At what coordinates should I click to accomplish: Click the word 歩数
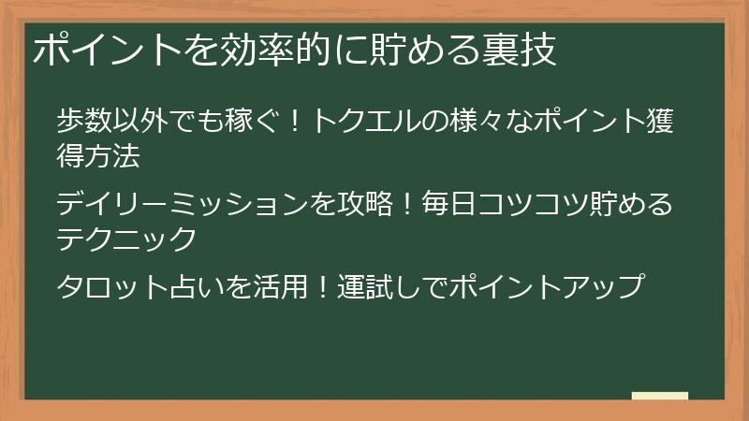(84, 121)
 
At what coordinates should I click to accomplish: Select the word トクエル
(364, 121)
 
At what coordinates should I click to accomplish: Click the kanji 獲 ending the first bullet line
(660, 121)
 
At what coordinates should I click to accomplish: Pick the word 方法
(112, 155)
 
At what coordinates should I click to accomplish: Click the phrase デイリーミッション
(182, 203)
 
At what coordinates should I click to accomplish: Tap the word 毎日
(449, 203)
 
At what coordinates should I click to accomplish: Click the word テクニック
(126, 239)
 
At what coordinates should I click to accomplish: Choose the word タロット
(112, 286)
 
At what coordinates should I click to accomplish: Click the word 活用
(280, 286)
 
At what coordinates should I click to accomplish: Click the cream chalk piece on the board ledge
(660, 396)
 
